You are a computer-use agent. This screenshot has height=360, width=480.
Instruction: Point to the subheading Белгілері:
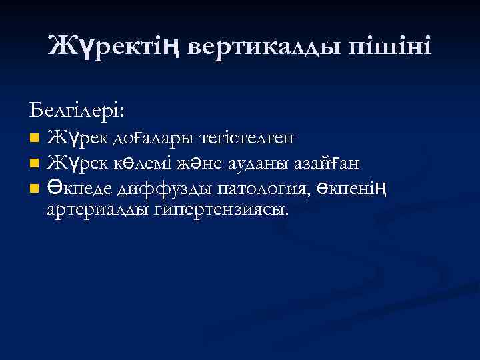[x=77, y=107]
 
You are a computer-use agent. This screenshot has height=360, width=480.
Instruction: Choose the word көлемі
[x=145, y=163]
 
